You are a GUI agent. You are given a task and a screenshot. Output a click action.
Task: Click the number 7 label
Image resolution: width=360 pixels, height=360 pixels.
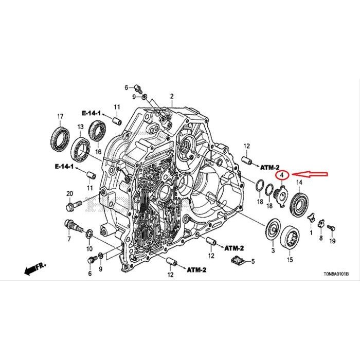68,240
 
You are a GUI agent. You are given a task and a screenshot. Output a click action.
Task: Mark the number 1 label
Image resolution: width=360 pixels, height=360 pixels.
311,233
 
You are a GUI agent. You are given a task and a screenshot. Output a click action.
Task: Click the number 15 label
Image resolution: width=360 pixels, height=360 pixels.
290,260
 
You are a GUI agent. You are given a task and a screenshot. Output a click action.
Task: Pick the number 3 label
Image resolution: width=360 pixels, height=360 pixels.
273,249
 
